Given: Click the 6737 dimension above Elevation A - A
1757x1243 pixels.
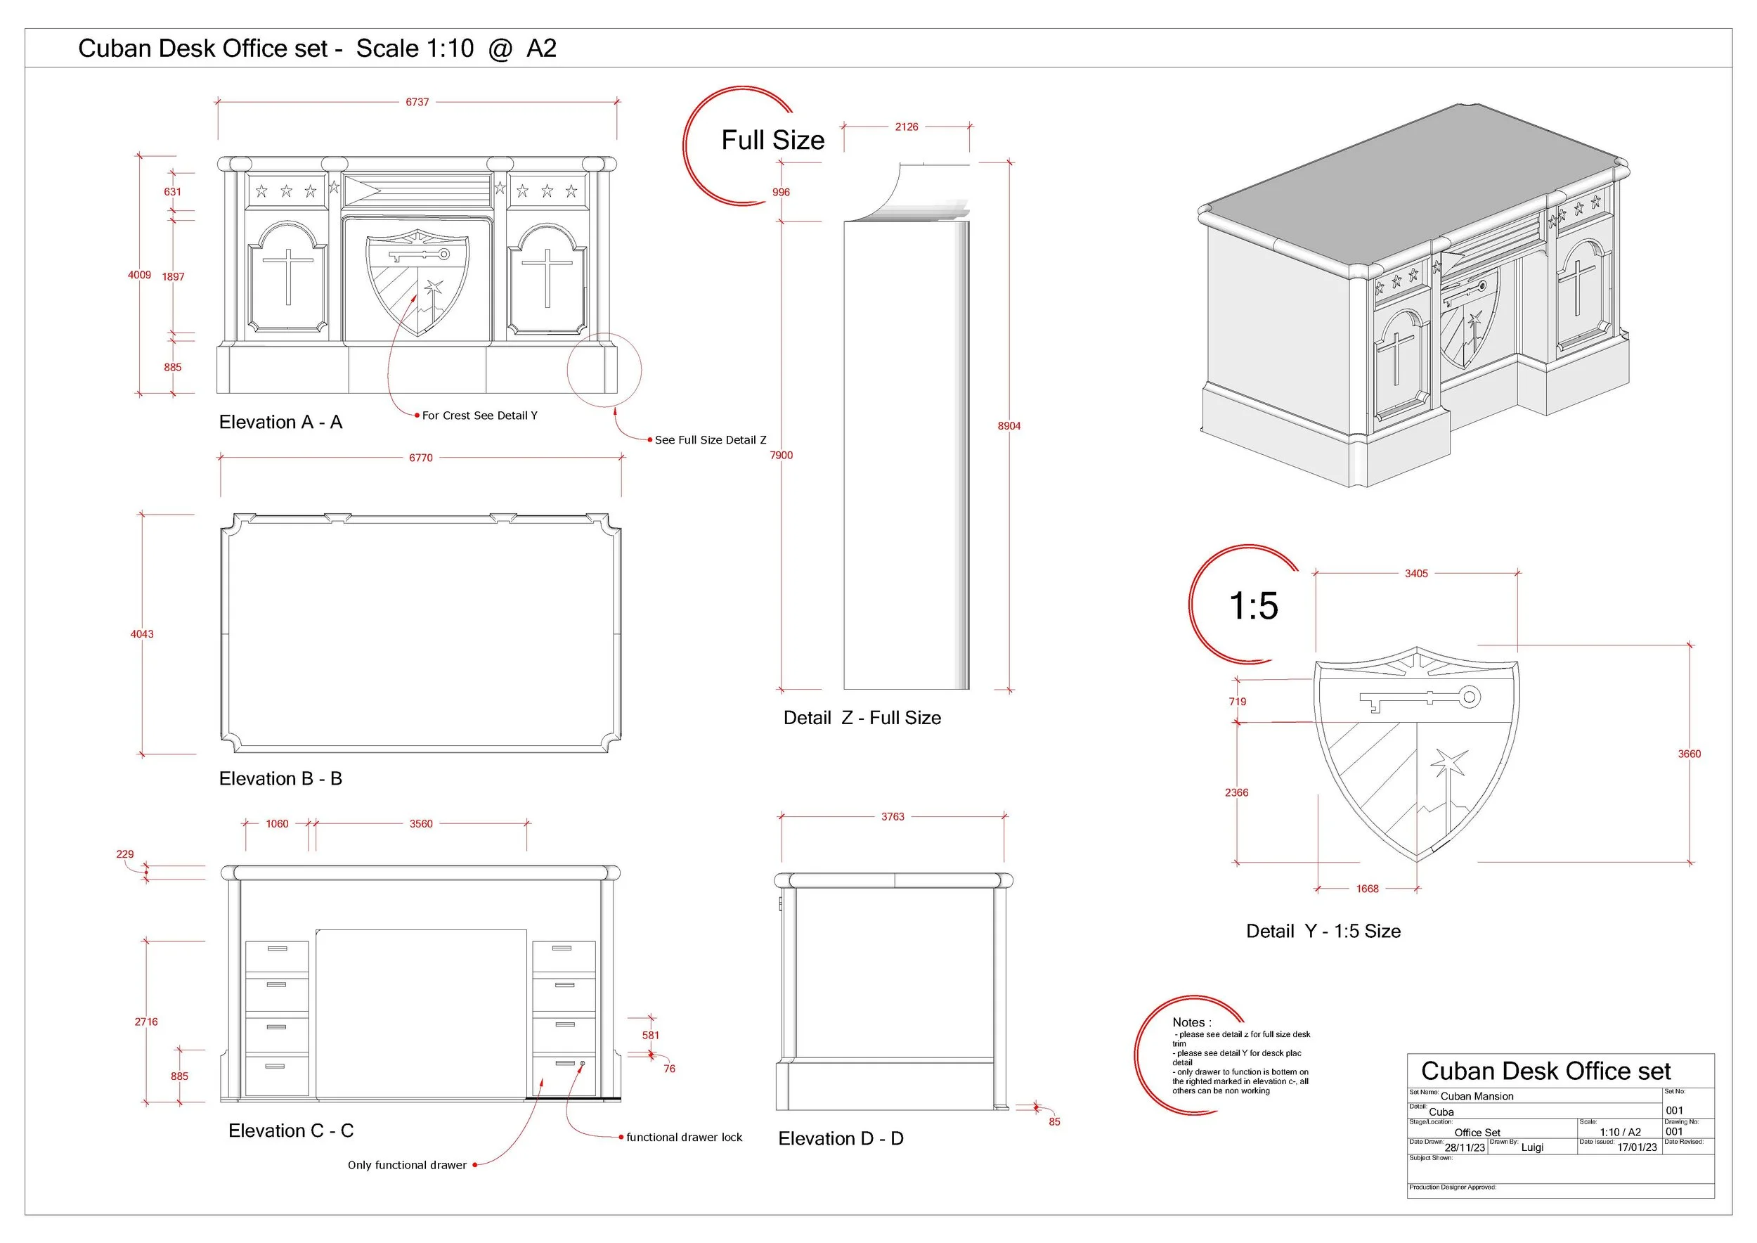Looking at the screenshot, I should pos(417,102).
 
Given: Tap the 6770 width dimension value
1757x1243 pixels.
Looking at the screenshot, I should pos(420,458).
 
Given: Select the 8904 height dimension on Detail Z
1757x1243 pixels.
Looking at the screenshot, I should pos(1009,425).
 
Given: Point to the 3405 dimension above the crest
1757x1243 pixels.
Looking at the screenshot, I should pos(1415,573).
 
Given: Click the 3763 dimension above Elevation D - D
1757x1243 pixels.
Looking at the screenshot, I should pos(893,817).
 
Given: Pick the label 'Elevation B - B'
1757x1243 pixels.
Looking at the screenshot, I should pos(280,778).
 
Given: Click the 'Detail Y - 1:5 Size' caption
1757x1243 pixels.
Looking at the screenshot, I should pos(1323,931).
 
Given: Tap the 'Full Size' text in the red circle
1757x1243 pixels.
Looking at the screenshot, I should pos(772,140).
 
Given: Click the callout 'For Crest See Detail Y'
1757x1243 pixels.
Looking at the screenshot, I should pos(479,416).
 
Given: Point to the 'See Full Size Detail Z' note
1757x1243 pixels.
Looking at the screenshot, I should pos(709,440).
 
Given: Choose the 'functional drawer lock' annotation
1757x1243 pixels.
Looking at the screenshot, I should pos(683,1138).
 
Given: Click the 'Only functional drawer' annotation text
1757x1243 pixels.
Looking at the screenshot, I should pos(406,1165).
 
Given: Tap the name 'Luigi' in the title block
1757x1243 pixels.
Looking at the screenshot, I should pos(1532,1147).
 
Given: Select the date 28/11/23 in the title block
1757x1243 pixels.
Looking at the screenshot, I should pos(1465,1147).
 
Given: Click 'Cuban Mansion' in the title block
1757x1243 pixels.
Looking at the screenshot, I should pos(1476,1096).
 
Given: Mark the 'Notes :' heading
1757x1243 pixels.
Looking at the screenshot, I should pos(1191,1022).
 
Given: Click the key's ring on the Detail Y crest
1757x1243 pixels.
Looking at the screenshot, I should pos(1470,697).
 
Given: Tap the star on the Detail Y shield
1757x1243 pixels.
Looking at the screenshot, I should pos(1448,763).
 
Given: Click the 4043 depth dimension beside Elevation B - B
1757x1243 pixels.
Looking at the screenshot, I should pos(141,633).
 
